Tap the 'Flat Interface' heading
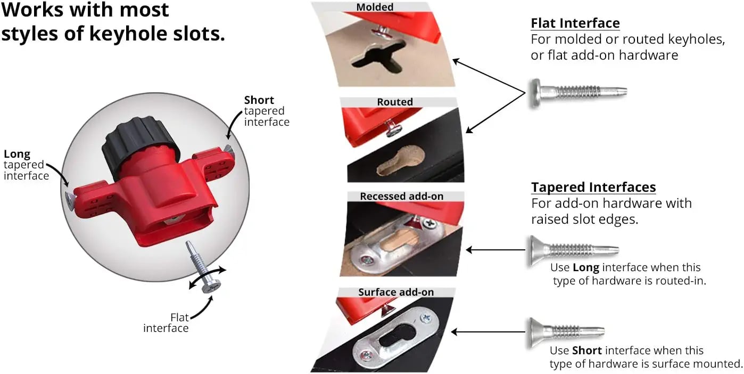click(575, 23)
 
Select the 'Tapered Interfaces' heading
click(593, 187)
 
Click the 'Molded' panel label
click(375, 7)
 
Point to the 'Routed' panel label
click(394, 102)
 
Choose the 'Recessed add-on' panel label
click(402, 196)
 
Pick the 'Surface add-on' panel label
click(396, 292)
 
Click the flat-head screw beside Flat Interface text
click(577, 93)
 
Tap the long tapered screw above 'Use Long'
click(573, 250)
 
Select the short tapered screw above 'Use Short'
click(566, 332)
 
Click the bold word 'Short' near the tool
click(259, 100)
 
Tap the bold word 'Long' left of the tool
click(17, 154)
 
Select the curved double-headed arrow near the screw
click(208, 278)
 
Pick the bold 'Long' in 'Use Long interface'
click(586, 267)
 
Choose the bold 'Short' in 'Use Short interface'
click(587, 351)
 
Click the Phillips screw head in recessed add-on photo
click(430, 223)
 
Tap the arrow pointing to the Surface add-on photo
click(488, 332)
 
